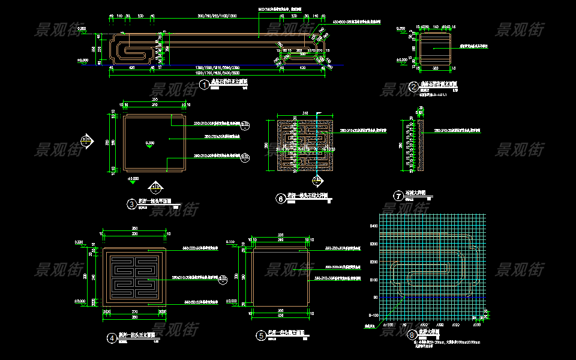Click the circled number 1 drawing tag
(x=205, y=86)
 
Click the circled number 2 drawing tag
(x=413, y=86)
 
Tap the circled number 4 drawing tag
(x=112, y=337)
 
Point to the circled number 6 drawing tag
(x=280, y=199)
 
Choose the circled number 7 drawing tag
(x=397, y=196)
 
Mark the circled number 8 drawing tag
(x=411, y=335)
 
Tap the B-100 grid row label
(x=373, y=315)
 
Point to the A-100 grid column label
(x=388, y=325)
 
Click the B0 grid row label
(x=375, y=298)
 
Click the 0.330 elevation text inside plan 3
(x=149, y=143)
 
